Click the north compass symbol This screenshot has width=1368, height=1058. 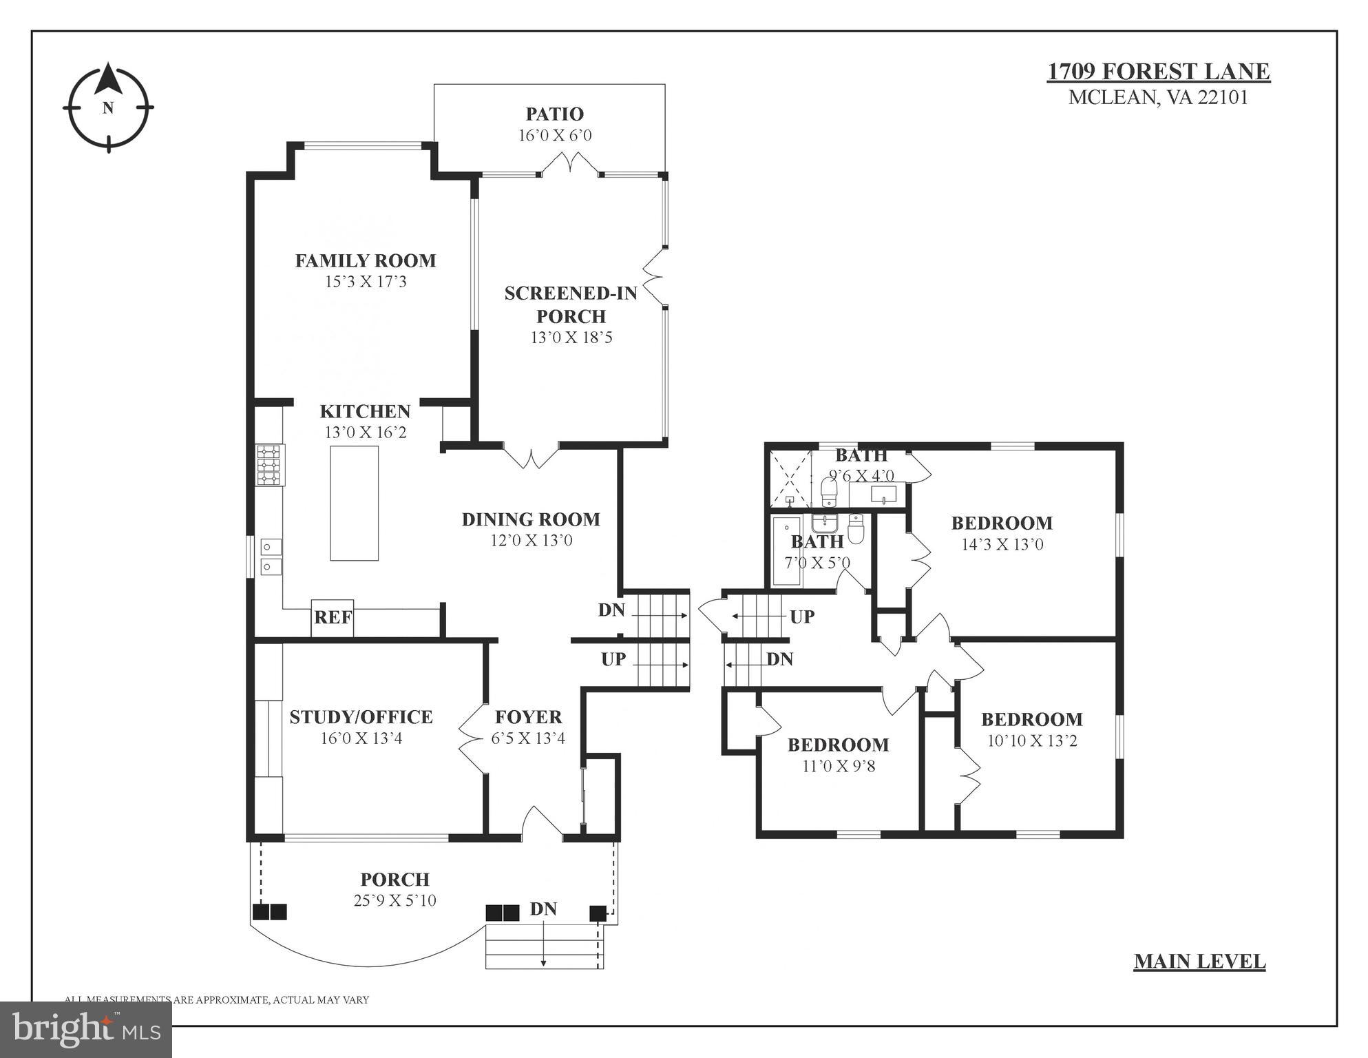coord(108,107)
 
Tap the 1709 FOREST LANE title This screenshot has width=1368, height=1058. coord(1159,72)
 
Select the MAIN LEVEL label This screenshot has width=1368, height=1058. coord(1199,962)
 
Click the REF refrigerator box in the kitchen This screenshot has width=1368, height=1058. coord(333,618)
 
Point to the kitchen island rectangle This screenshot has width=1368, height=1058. coord(354,503)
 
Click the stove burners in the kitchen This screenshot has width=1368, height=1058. coord(270,465)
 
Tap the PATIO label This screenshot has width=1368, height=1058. coord(554,114)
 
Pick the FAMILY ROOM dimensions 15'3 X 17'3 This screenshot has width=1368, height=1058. coord(366,282)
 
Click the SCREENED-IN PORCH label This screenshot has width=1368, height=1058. coord(571,304)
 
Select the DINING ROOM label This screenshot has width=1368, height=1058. coord(531,519)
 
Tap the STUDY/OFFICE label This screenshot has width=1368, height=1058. coord(361,717)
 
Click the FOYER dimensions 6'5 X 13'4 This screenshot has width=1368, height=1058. coord(528,738)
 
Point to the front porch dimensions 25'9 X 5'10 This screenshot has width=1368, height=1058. coord(394,901)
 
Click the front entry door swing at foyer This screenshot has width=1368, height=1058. coord(542,822)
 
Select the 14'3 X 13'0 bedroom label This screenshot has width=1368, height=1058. coord(1002,544)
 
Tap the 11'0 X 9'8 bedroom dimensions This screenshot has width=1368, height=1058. coord(838,766)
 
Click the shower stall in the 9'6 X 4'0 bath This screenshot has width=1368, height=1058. coord(789,478)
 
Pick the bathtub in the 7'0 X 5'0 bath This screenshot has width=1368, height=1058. coord(786,551)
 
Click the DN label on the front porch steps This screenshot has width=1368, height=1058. coord(543,909)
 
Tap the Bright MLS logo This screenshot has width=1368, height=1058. coord(86,1029)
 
